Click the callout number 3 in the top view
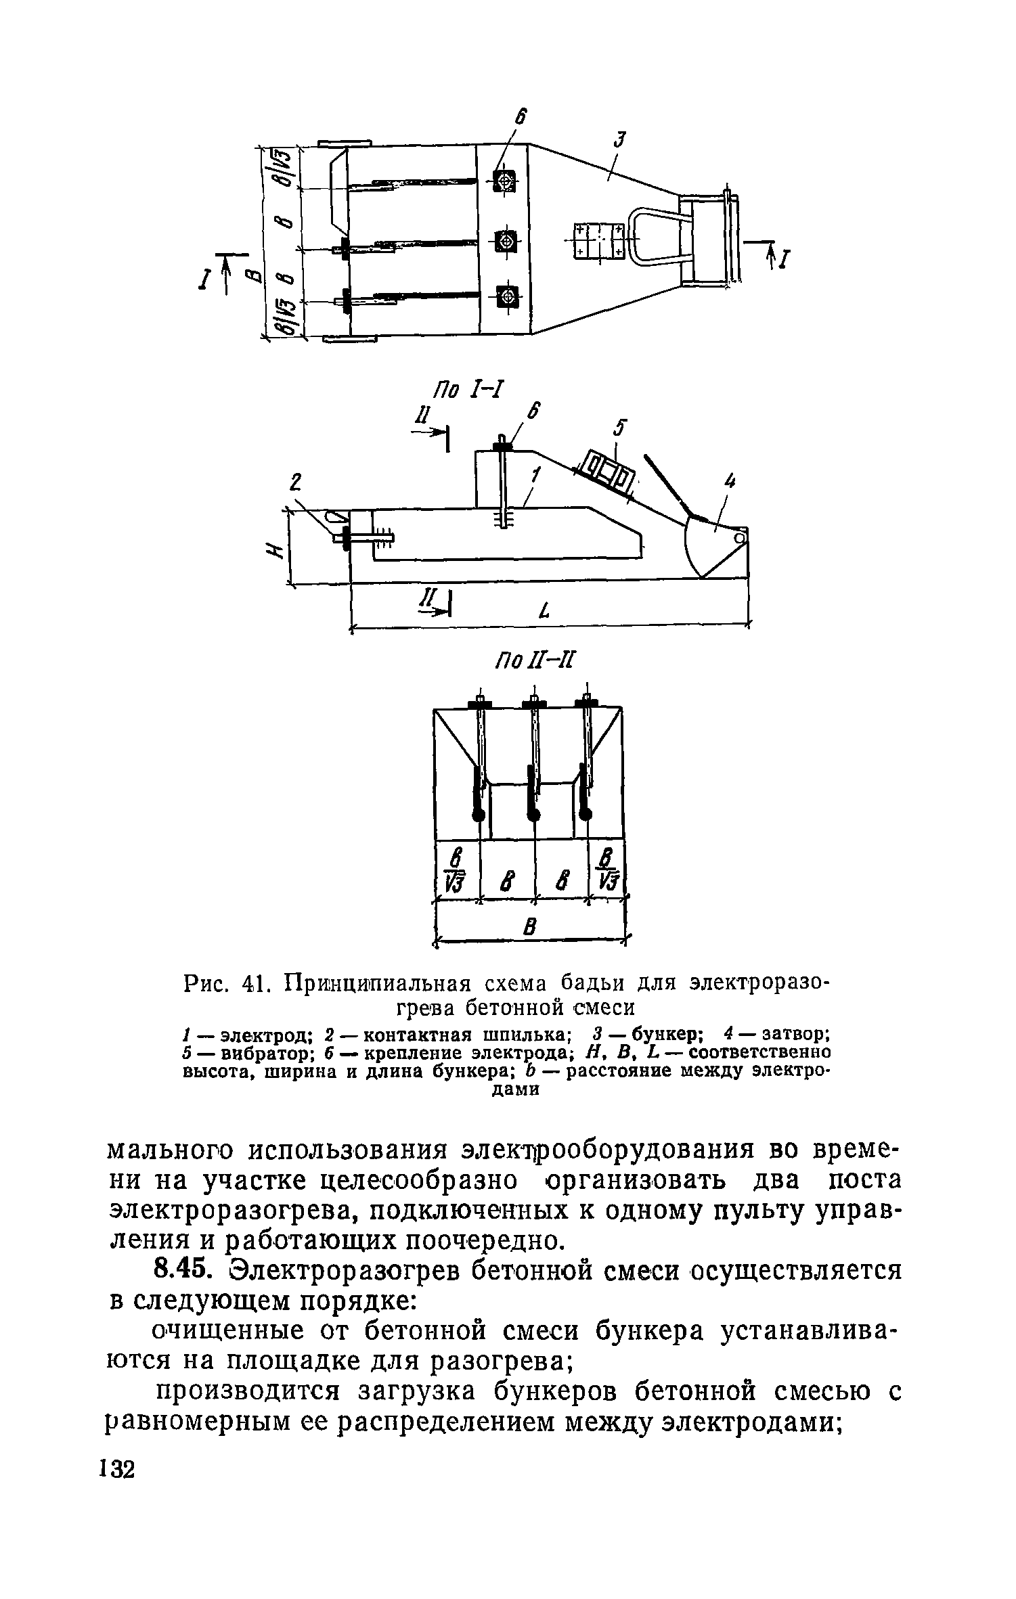tap(620, 141)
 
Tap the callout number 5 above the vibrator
tap(619, 429)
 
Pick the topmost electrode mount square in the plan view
tap(504, 181)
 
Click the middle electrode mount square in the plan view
tap(505, 240)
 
